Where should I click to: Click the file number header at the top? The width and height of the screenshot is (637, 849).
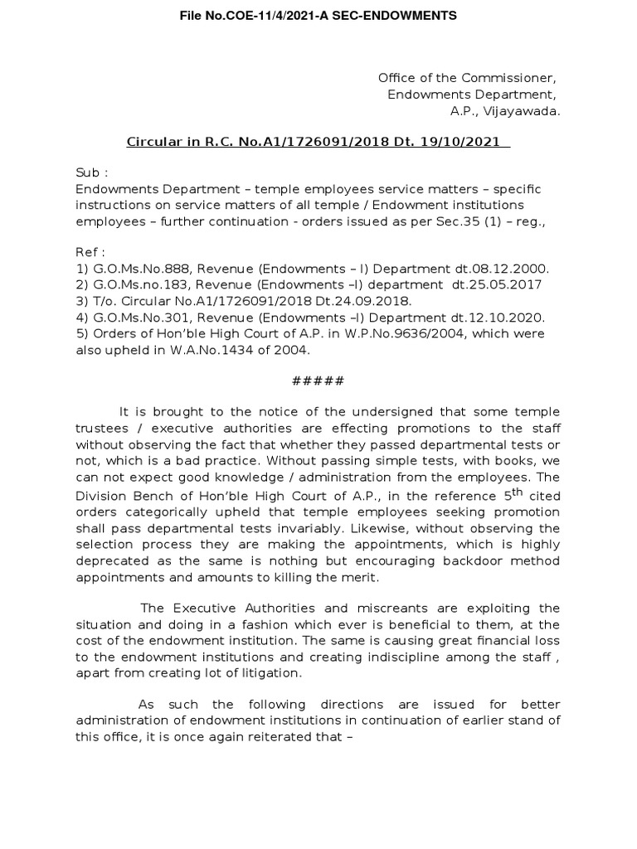(318, 16)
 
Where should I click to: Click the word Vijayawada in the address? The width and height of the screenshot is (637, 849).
(524, 110)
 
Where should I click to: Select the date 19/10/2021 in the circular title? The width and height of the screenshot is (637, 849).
(469, 142)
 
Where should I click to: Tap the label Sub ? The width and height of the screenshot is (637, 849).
(92, 172)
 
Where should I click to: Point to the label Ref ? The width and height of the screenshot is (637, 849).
(91, 252)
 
